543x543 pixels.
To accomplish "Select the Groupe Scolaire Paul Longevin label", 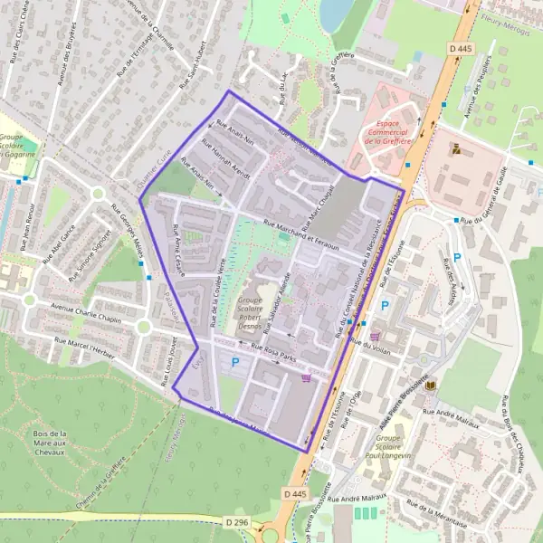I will tap(395, 450).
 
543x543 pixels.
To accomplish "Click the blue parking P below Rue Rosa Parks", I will tap(236, 364).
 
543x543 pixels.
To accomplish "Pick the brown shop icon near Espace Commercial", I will tap(454, 148).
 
